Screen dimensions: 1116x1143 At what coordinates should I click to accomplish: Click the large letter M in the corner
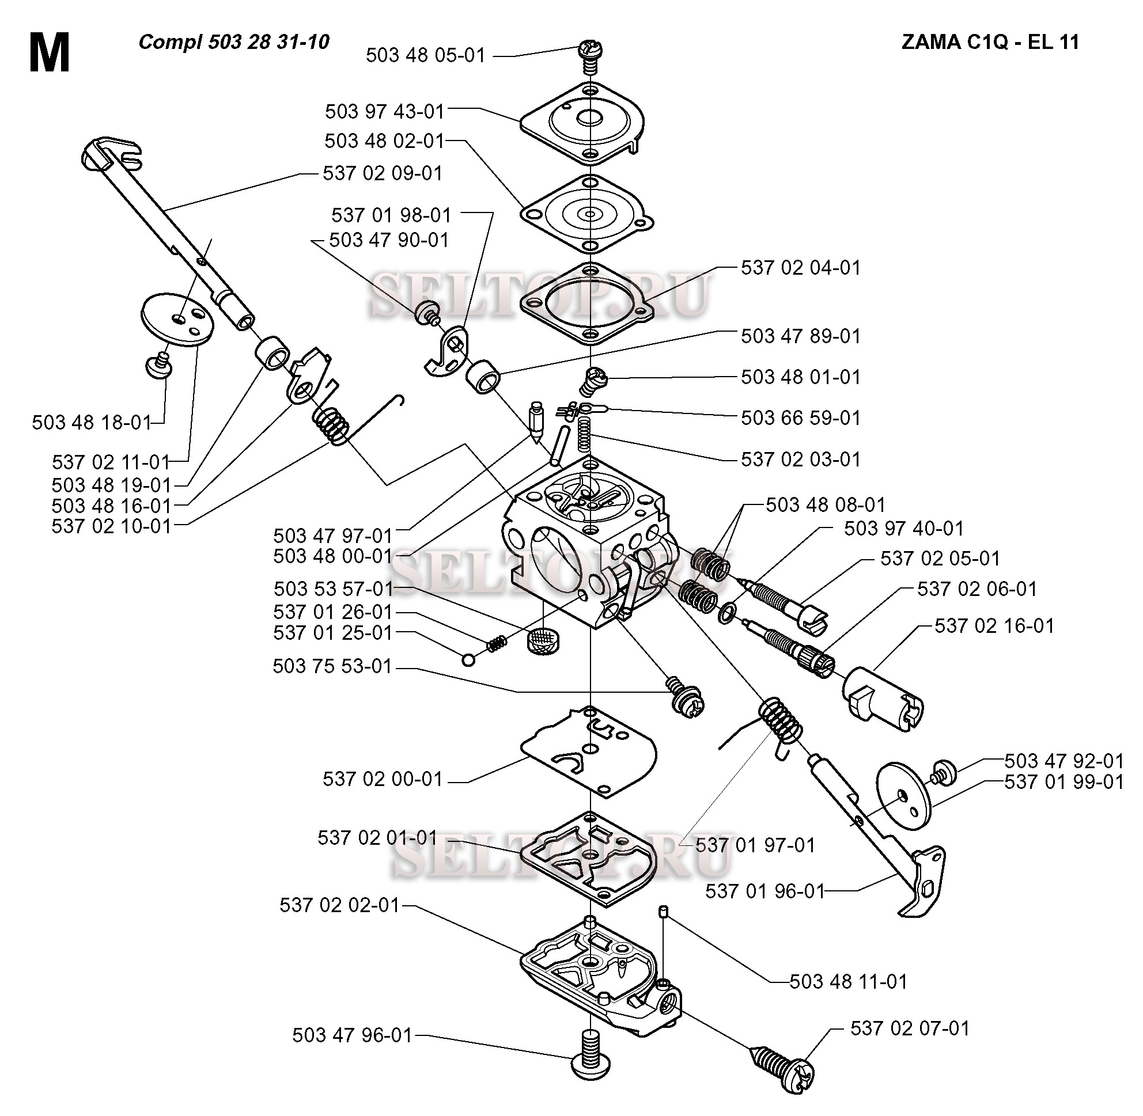pyautogui.click(x=50, y=53)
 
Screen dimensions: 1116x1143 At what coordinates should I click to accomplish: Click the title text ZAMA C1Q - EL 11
pyautogui.click(x=990, y=42)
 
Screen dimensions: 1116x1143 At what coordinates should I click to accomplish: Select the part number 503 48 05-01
pyautogui.click(x=426, y=55)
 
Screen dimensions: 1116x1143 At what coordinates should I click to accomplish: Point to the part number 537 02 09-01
pyautogui.click(x=383, y=173)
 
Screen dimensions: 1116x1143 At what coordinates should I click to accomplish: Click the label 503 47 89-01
pyautogui.click(x=801, y=336)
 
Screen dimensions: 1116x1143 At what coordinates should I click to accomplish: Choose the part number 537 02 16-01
pyautogui.click(x=994, y=626)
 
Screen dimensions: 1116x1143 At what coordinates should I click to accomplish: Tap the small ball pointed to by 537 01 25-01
pyautogui.click(x=468, y=660)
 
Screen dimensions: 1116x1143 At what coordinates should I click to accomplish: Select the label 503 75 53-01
pyautogui.click(x=332, y=666)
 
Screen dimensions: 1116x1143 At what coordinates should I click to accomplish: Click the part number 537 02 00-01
pyautogui.click(x=383, y=779)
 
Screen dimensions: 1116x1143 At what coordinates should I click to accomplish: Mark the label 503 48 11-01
pyautogui.click(x=848, y=981)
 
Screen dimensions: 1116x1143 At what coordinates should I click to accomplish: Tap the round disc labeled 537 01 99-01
pyautogui.click(x=904, y=796)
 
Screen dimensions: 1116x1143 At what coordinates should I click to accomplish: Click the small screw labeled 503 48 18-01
pyautogui.click(x=159, y=365)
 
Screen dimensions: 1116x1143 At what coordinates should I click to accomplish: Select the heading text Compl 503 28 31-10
pyautogui.click(x=234, y=42)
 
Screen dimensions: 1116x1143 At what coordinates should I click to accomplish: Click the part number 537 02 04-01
pyautogui.click(x=801, y=268)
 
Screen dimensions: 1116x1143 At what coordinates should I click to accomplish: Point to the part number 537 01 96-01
pyautogui.click(x=764, y=891)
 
